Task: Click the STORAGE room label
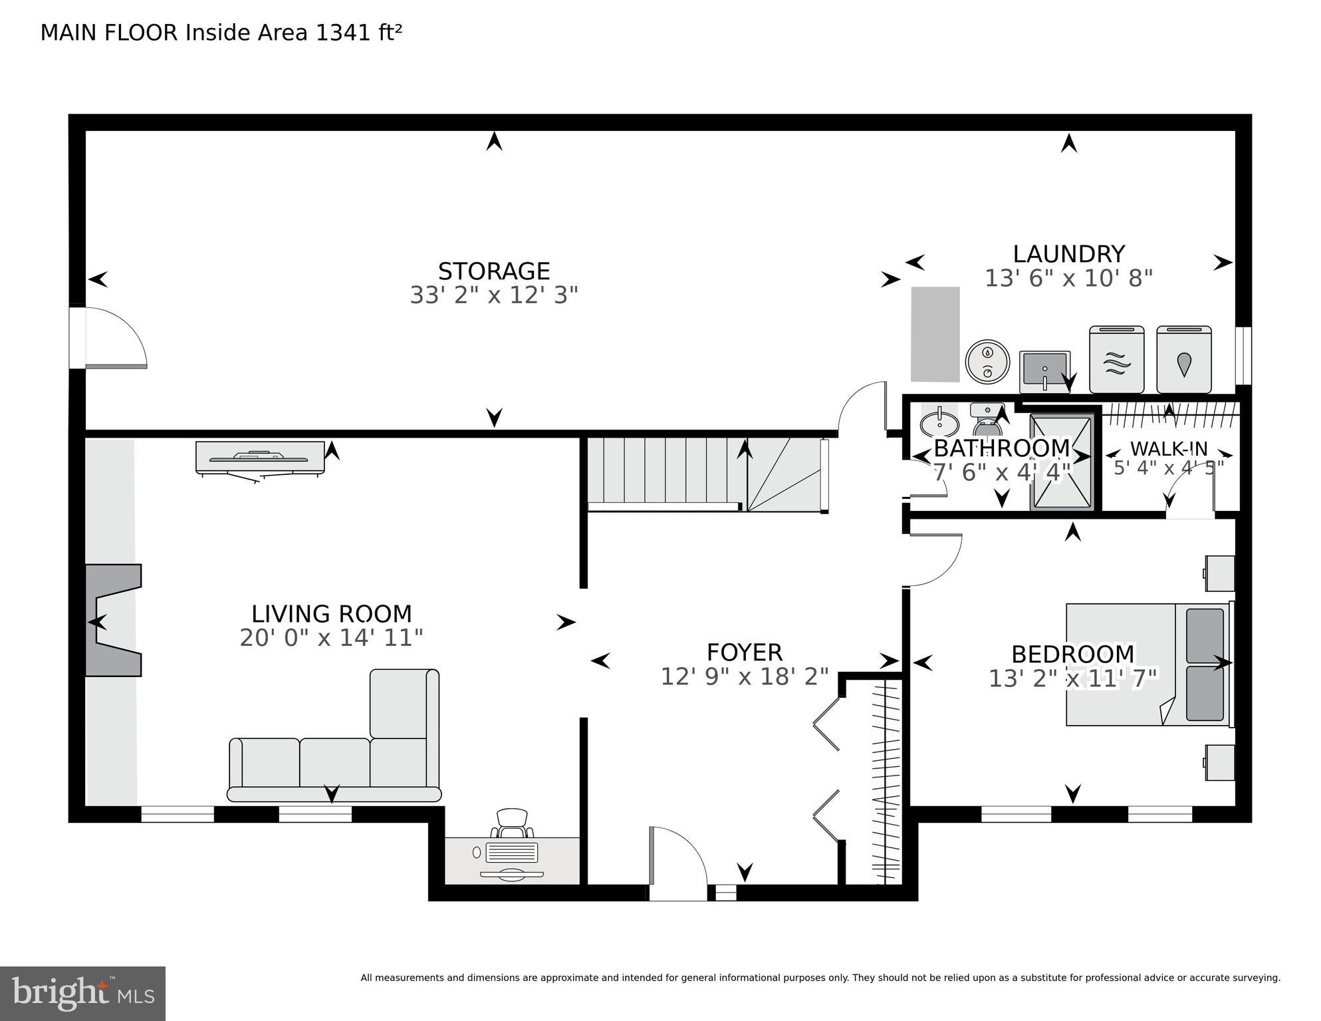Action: pyautogui.click(x=493, y=271)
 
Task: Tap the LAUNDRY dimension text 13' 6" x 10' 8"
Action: pyautogui.click(x=1068, y=278)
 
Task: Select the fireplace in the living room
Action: pyautogui.click(x=113, y=620)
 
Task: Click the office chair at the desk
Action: pyautogui.click(x=512, y=822)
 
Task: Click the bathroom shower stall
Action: pyautogui.click(x=1061, y=462)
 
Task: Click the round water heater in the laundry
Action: pyautogui.click(x=987, y=361)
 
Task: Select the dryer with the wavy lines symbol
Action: pyautogui.click(x=1116, y=360)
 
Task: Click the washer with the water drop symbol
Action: pyautogui.click(x=1183, y=360)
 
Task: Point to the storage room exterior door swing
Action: pyautogui.click(x=114, y=337)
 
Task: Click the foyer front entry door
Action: pyautogui.click(x=677, y=863)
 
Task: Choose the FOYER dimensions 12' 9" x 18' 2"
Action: pyautogui.click(x=744, y=677)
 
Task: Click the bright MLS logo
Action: pyautogui.click(x=82, y=993)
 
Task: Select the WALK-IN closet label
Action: pyautogui.click(x=1168, y=448)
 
